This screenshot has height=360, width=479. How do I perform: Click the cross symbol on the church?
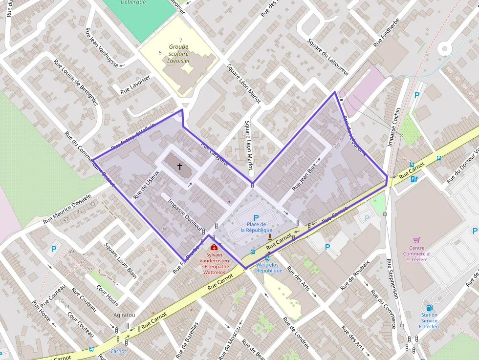[179, 167]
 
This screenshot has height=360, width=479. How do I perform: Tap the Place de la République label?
[256, 227]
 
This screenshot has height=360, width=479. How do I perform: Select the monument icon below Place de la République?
[269, 237]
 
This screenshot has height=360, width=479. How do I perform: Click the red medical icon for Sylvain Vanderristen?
[214, 247]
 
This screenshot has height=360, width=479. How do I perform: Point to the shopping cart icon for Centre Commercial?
[416, 240]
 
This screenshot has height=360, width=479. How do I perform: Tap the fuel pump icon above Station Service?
[429, 307]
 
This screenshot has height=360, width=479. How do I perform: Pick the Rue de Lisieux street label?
[146, 183]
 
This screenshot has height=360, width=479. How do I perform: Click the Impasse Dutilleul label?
[184, 214]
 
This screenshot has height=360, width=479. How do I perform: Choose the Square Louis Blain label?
[121, 260]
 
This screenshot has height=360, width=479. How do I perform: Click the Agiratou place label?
[124, 315]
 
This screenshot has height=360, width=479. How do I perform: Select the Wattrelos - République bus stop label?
[269, 268]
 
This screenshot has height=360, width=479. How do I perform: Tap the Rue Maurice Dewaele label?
[67, 209]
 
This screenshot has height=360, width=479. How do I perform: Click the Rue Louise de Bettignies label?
[76, 83]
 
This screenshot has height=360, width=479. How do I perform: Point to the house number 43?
[92, 204]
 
